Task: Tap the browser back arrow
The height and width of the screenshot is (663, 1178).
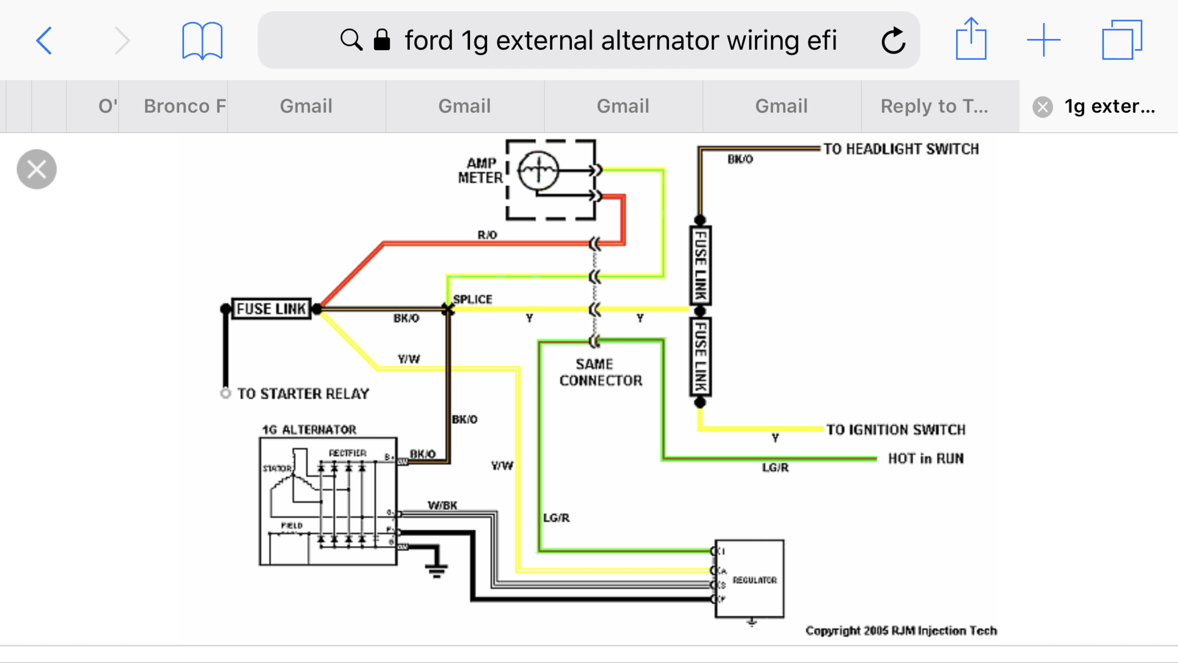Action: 44,41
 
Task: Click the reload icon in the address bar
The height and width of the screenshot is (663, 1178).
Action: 893,41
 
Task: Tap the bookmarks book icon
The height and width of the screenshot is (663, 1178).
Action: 202,41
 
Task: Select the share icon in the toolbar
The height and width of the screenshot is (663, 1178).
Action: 970,40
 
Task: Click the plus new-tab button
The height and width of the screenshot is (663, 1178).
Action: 1044,40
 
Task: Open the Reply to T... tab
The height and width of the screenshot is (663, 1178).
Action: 934,106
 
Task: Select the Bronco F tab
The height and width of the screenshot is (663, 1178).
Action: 184,106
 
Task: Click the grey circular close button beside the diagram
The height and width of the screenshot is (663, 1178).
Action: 37,169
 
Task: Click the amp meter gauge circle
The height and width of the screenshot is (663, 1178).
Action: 538,171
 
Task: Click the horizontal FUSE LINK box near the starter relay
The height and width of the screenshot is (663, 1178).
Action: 271,308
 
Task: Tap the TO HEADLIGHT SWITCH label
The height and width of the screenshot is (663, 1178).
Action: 901,149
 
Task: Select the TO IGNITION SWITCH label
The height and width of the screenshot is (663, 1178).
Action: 896,430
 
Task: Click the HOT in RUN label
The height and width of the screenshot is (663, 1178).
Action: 926,459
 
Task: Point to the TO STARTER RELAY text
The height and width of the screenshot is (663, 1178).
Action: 303,394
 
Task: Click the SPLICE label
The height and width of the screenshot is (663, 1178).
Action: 472,299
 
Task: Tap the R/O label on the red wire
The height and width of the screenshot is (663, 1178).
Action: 487,235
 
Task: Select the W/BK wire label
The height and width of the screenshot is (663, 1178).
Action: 442,506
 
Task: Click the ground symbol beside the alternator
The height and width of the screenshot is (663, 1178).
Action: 436,569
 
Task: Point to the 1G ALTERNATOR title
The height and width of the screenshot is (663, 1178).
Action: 309,429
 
